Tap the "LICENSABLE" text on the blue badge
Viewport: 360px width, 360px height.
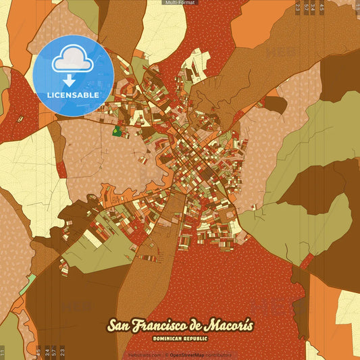74,96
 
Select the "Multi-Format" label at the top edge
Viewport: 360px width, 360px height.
180,3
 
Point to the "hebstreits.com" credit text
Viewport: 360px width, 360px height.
147,355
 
